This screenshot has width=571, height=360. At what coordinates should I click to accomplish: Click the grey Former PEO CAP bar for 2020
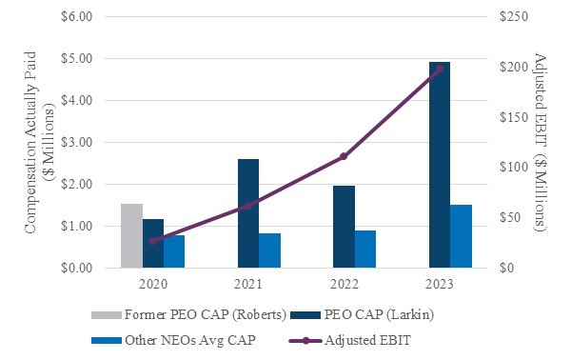tap(131, 236)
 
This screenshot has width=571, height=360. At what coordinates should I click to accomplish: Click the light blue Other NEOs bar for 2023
tap(460, 236)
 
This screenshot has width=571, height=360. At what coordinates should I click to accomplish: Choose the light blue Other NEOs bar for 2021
tap(269, 250)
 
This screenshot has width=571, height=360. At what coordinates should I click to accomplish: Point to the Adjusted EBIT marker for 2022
tap(344, 156)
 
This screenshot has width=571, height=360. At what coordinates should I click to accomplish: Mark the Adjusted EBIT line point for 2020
tap(152, 241)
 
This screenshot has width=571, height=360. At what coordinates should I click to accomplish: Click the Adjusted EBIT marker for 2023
tap(439, 69)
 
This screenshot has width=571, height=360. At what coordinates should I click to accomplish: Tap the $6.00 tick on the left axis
tap(77, 17)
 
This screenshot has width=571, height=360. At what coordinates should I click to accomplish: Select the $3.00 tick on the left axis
tap(77, 143)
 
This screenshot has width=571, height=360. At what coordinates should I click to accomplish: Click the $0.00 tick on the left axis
tap(77, 269)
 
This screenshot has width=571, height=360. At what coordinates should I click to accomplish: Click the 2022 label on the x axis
tap(344, 284)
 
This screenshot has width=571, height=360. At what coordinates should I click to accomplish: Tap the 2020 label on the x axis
tap(152, 284)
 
